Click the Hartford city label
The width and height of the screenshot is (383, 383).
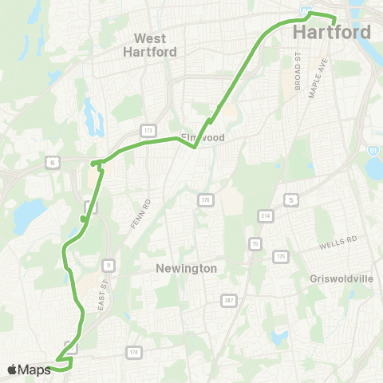(x=332, y=33)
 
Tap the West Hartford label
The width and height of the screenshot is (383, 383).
(x=149, y=44)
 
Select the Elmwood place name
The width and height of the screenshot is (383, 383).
(x=205, y=138)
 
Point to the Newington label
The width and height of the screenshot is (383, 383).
(x=187, y=269)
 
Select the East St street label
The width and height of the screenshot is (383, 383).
(x=103, y=294)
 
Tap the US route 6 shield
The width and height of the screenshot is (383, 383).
(x=52, y=162)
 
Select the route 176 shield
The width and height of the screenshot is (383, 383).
(x=205, y=199)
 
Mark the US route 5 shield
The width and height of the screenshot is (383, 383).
(x=292, y=199)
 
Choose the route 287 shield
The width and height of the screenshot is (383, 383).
(x=229, y=300)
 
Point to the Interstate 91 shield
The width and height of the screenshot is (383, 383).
(x=373, y=148)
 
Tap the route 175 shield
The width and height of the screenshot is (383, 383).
(x=279, y=256)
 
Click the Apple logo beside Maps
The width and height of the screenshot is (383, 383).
(x=12, y=369)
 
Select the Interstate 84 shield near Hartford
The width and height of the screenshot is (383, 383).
(x=306, y=10)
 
